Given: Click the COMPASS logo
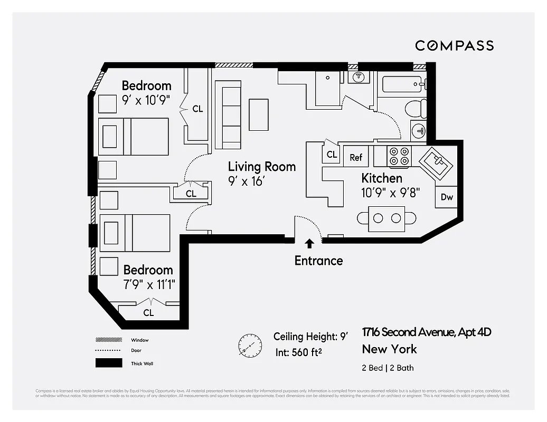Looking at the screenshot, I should coord(454,45).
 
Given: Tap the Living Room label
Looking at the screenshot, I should coord(261,167).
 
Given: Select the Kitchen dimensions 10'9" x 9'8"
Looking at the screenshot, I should coord(390,193).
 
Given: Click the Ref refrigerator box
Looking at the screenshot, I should coord(356,157).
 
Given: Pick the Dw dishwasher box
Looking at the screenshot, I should coord(447,197).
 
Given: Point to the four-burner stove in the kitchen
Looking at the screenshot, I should coord(399,156).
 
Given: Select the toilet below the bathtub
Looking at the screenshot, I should coord(416,109).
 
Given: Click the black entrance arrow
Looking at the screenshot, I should coord(309,243).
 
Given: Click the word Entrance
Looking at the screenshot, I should coord(318,260).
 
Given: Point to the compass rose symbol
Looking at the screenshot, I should coord(250,346).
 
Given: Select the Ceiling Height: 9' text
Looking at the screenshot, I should coord(310,337).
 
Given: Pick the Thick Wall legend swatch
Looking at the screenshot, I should coord(109,363).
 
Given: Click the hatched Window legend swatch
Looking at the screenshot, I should coord(109,340).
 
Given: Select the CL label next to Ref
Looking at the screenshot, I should coord(332,155).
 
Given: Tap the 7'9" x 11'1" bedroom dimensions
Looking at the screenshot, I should coord(149,285).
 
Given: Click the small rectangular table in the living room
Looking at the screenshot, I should coord(259,114).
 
